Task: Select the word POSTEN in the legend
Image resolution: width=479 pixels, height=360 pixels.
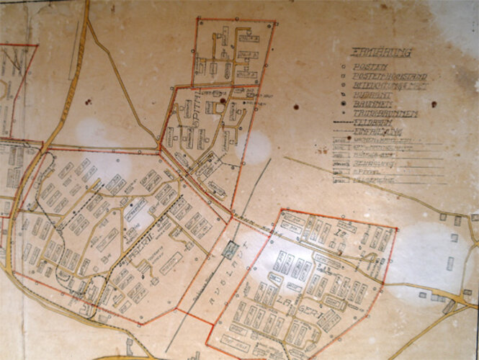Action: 368,66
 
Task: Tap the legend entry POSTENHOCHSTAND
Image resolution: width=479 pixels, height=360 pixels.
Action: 389,76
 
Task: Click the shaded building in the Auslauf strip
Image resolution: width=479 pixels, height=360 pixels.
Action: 230,250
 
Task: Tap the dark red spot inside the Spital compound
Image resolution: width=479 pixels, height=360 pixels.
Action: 223,103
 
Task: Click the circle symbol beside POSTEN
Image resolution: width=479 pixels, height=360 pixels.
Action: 344,66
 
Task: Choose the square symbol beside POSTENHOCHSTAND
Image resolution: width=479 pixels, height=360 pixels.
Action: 344,76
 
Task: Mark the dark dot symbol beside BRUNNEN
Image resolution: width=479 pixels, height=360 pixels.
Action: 344,104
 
